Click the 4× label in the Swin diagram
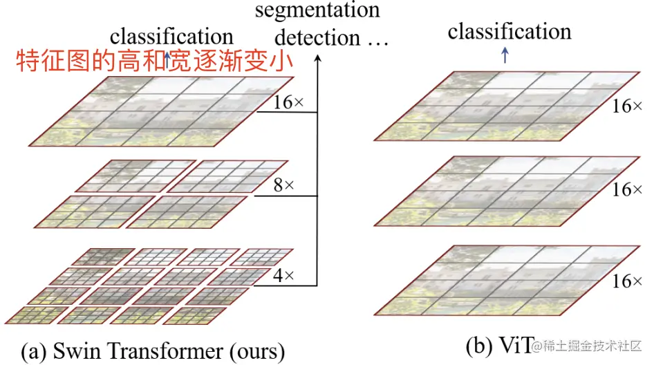tap(284, 276)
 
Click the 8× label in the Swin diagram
tap(284, 186)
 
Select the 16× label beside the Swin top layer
tap(288, 103)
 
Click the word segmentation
tap(317, 11)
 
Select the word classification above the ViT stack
tap(510, 32)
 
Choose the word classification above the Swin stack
tap(171, 36)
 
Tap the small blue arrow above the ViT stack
tap(505, 58)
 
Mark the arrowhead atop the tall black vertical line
tap(317, 59)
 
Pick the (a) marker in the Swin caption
tap(34, 350)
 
